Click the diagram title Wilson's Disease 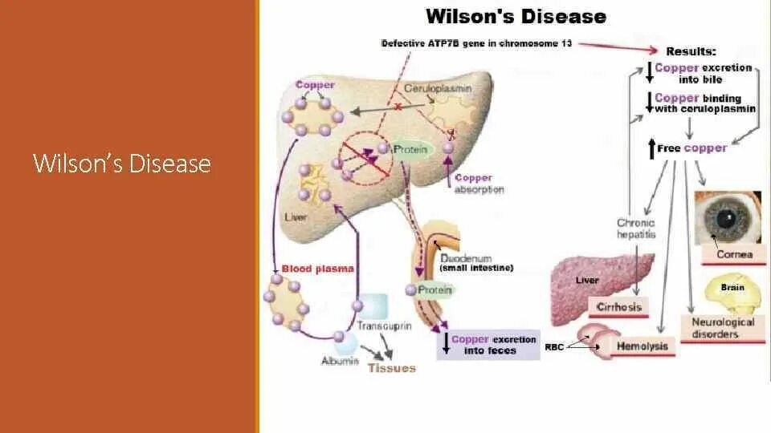point(515,16)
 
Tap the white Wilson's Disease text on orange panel point(122,164)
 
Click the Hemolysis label point(642,346)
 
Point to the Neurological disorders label point(723,327)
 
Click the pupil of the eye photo point(725,217)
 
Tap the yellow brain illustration point(732,294)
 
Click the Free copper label point(691,148)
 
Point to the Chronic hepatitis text point(636,229)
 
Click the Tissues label point(392,368)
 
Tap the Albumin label point(339,362)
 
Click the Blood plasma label point(318,269)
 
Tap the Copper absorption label point(479,184)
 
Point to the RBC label point(554,347)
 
